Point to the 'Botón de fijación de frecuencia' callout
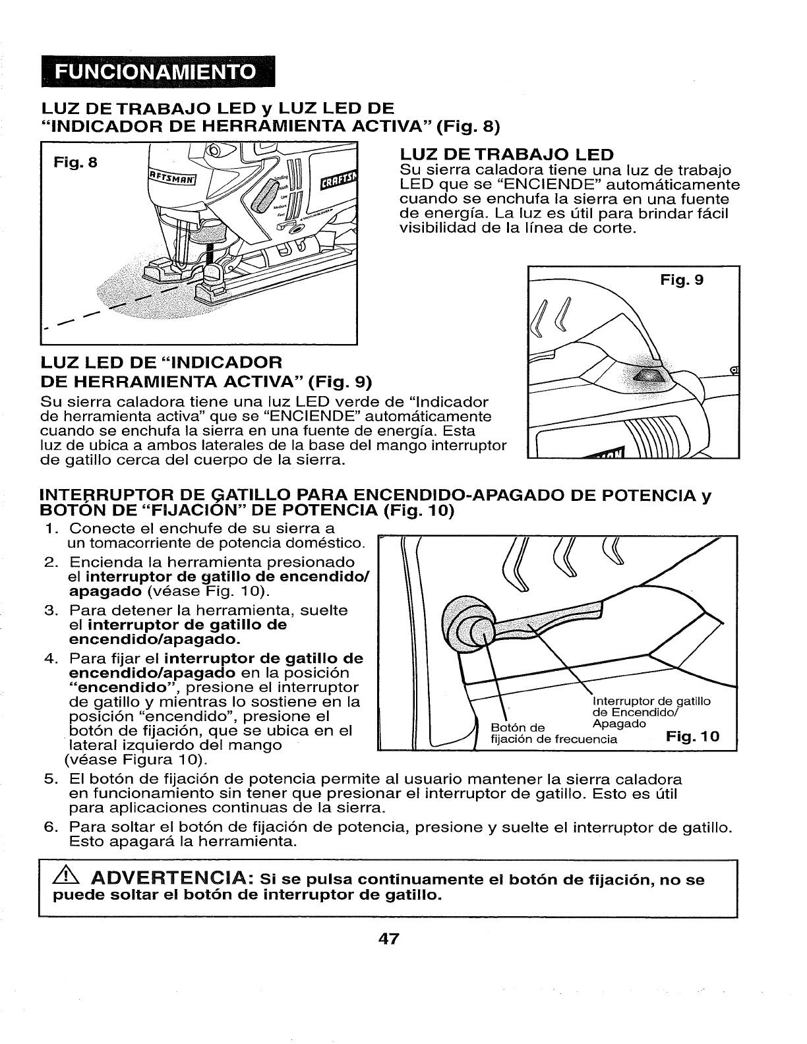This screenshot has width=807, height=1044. [554, 734]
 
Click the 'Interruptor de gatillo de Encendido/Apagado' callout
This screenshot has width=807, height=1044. [651, 712]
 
